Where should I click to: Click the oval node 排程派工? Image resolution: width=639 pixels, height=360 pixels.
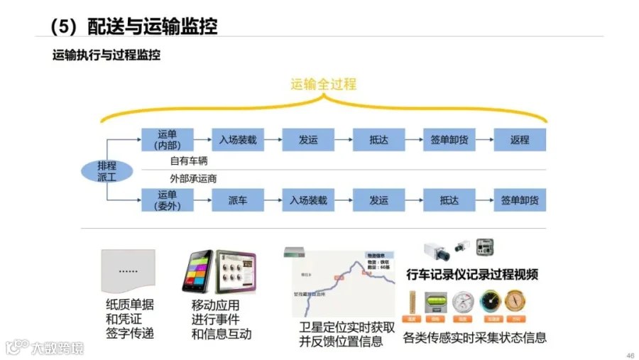[106, 171]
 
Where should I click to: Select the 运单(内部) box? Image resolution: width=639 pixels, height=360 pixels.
[167, 140]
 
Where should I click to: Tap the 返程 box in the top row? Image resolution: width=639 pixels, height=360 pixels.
[520, 140]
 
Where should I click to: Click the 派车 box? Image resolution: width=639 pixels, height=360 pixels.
[238, 200]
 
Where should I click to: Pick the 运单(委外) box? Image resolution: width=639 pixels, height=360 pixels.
[167, 200]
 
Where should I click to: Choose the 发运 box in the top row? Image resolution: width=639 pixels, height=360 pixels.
[308, 140]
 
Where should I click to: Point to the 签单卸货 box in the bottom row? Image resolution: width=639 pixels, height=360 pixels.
[520, 200]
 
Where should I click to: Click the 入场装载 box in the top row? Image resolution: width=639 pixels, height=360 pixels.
[238, 140]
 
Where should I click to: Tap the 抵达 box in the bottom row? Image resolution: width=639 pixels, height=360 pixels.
[449, 200]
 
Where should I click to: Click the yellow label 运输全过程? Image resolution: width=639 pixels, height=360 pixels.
[323, 84]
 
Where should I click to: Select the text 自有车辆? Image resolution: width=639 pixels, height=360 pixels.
[189, 161]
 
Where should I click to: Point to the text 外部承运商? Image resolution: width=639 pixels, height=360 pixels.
[193, 178]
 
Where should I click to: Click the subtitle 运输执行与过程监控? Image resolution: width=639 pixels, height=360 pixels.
[106, 55]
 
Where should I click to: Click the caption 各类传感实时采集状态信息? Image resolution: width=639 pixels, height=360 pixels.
[474, 337]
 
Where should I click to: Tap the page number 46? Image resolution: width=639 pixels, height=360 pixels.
[630, 354]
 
